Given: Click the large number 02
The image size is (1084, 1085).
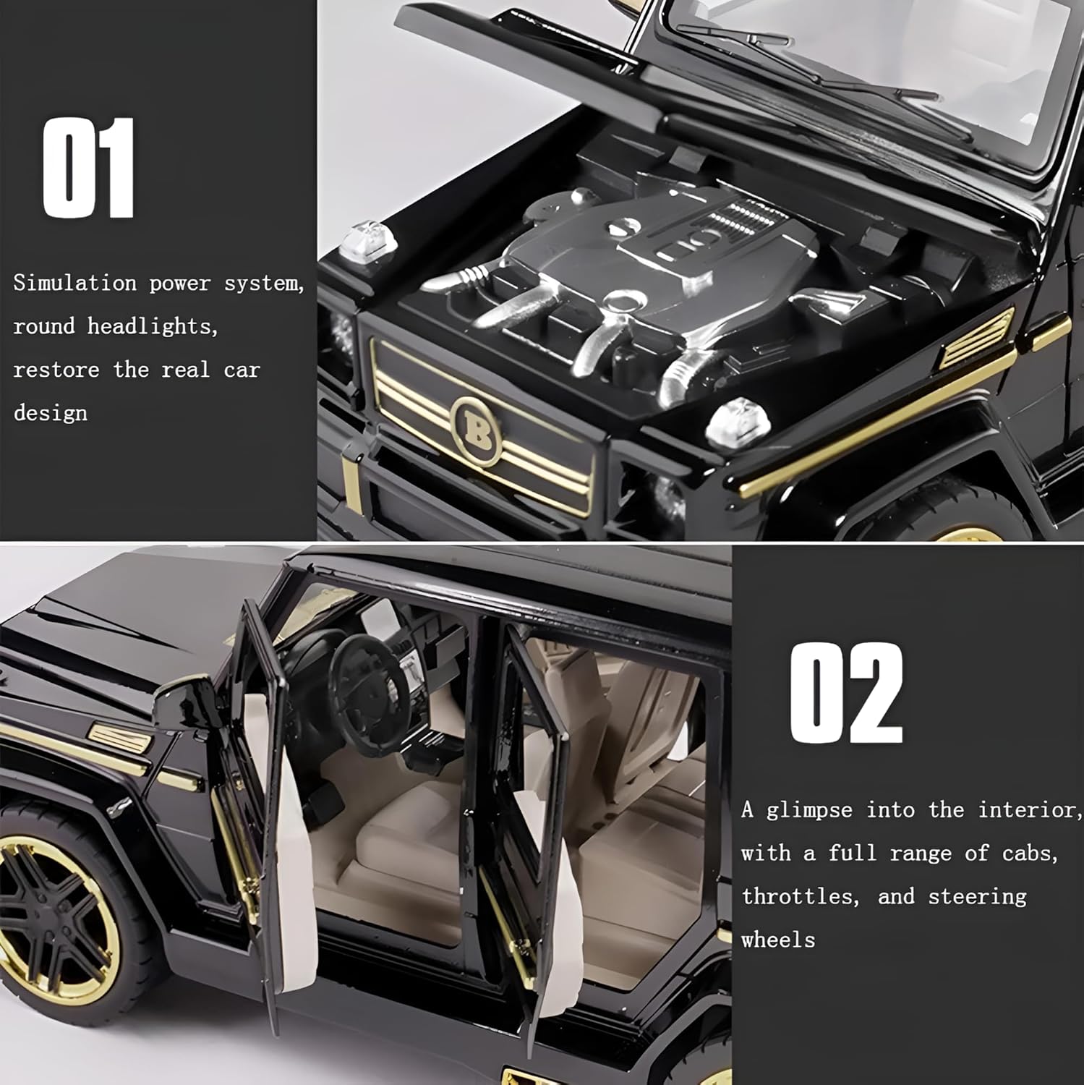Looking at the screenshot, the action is point(846,692).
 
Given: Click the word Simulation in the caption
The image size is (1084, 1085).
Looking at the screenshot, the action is point(74,283).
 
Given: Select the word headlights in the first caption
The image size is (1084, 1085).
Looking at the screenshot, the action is point(153,326).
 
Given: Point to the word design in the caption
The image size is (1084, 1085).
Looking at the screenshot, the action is point(51,413).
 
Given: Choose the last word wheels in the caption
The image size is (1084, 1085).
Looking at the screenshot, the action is point(779,940).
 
